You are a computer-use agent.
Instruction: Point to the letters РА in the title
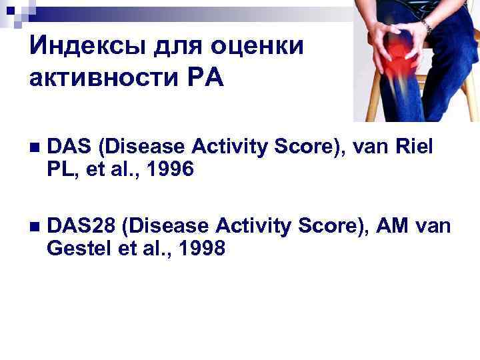coord(206,79)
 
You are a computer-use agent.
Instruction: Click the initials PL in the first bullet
coord(60,171)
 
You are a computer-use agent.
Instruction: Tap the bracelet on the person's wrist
coord(426,27)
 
